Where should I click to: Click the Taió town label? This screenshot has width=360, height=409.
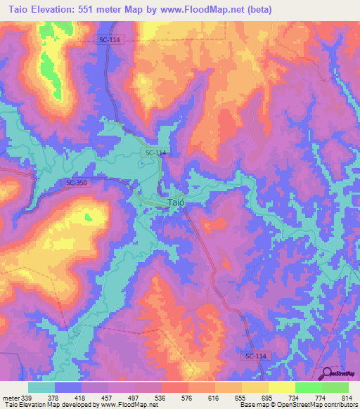tap(176, 202)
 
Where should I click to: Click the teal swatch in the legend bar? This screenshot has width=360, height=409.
tap(41, 387)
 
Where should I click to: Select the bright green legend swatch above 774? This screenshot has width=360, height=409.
tap(308, 387)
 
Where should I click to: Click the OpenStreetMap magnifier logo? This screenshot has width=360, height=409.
tap(326, 374)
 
